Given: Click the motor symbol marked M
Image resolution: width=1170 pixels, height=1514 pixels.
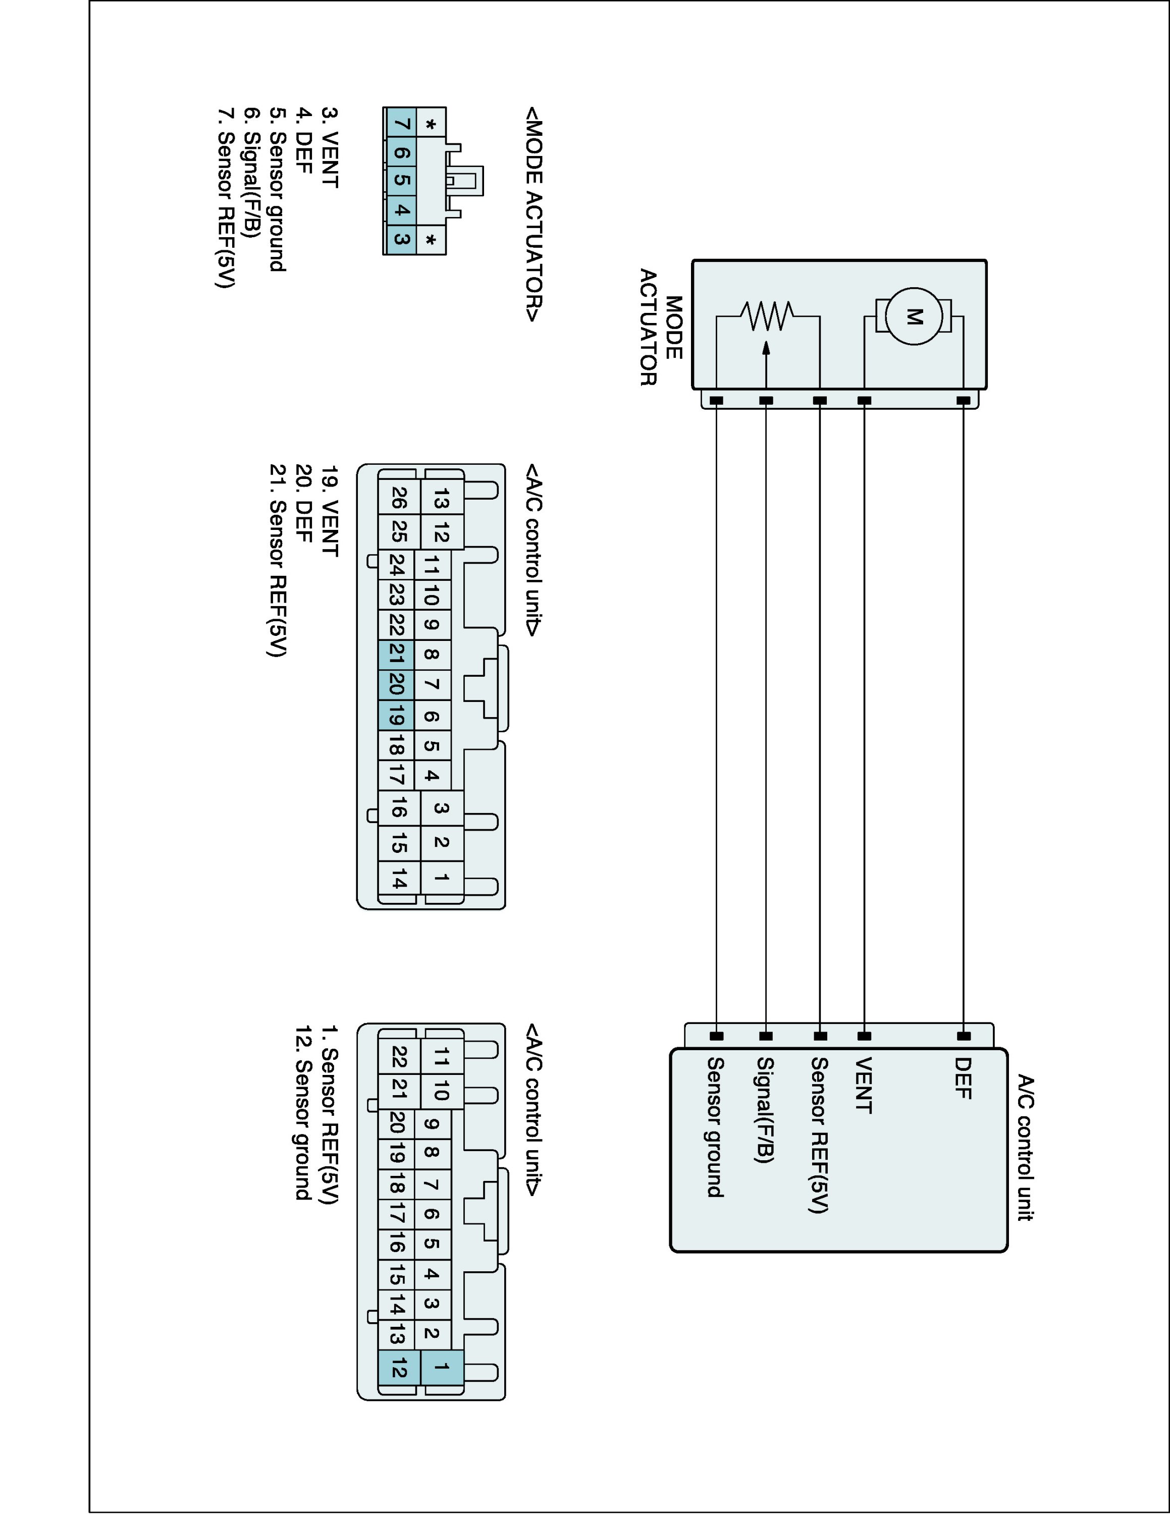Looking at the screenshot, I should (914, 317).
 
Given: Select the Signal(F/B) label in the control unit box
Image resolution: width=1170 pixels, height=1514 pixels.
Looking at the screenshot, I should (765, 1110).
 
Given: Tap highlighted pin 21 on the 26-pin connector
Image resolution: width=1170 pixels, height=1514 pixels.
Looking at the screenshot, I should (396, 654).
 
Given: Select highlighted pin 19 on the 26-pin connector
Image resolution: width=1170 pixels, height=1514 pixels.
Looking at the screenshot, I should (396, 715).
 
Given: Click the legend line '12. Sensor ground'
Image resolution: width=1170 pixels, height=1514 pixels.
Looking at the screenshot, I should (303, 1113).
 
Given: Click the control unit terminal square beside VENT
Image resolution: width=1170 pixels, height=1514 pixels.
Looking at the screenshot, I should (864, 1037).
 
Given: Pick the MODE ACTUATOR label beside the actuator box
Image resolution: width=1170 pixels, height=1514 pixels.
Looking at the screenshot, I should (661, 327).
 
